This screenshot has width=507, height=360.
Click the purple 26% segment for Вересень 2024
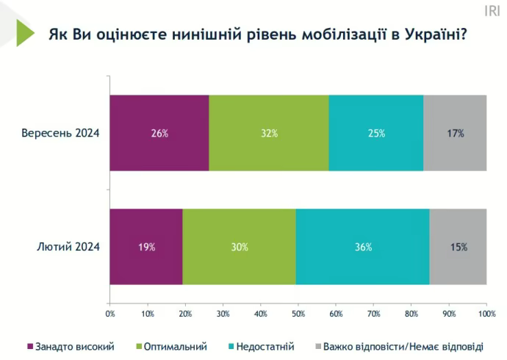(x=159, y=133)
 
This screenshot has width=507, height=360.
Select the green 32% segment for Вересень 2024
(x=268, y=133)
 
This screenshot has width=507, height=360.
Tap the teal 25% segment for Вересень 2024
(x=375, y=133)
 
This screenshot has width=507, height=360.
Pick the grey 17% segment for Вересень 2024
(x=455, y=133)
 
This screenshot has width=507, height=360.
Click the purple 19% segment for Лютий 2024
(x=146, y=247)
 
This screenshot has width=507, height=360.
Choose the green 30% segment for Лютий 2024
(x=240, y=247)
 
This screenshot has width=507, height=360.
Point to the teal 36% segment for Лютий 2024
(x=363, y=247)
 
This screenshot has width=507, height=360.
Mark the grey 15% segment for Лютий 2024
(x=458, y=247)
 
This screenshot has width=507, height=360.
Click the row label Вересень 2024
(x=60, y=133)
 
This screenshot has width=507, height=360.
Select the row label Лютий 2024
(x=68, y=247)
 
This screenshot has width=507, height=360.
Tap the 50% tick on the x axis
(x=298, y=314)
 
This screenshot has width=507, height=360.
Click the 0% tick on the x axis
(x=110, y=314)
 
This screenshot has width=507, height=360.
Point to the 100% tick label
(x=486, y=314)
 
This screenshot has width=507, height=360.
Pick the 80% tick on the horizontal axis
(x=411, y=314)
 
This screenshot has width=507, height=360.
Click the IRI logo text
(x=492, y=10)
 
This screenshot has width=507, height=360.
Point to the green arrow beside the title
(x=25, y=33)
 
